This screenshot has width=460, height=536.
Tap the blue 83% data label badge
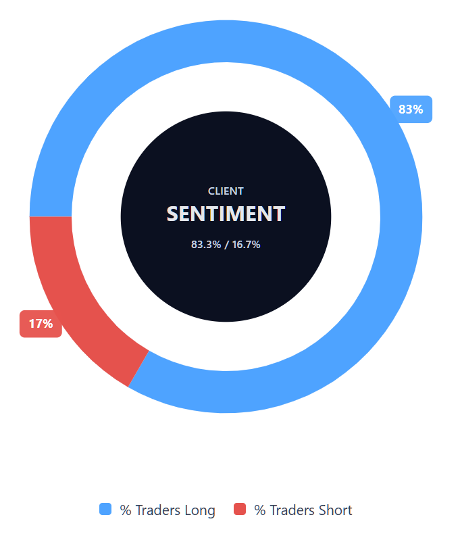pos(411,109)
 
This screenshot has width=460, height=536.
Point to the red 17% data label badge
pos(41,324)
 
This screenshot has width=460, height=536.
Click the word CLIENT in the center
pos(226,191)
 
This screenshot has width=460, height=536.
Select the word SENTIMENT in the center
pos(226,214)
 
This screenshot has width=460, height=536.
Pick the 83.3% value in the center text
pos(205,244)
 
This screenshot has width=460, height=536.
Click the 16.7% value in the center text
pos(247,244)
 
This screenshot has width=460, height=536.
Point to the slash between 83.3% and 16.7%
pos(226,244)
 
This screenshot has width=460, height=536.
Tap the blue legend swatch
pos(105,510)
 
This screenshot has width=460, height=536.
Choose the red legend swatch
pos(240,510)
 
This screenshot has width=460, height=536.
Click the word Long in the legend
pos(200,510)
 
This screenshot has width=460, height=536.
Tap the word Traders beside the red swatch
pos(292,510)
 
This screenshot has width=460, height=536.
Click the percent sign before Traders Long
pos(125,510)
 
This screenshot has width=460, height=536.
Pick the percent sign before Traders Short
pos(259,510)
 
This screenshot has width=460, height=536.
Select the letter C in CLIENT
pos(211,191)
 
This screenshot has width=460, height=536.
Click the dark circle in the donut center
pos(226,284)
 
